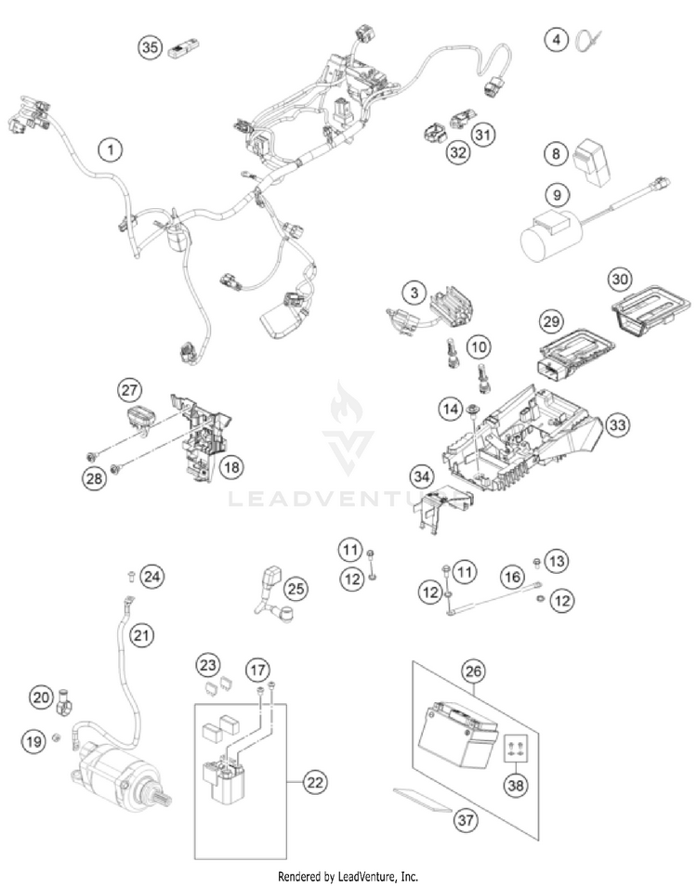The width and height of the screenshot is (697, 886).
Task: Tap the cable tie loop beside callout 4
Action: coord(588,42)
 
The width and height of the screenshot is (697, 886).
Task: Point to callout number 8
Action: coord(556,152)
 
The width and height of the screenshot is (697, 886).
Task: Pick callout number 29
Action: coord(552,321)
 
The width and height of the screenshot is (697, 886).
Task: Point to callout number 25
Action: coord(296,588)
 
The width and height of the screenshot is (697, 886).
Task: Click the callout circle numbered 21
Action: coord(140,636)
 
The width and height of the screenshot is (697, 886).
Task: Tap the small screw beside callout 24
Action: coord(131,576)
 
